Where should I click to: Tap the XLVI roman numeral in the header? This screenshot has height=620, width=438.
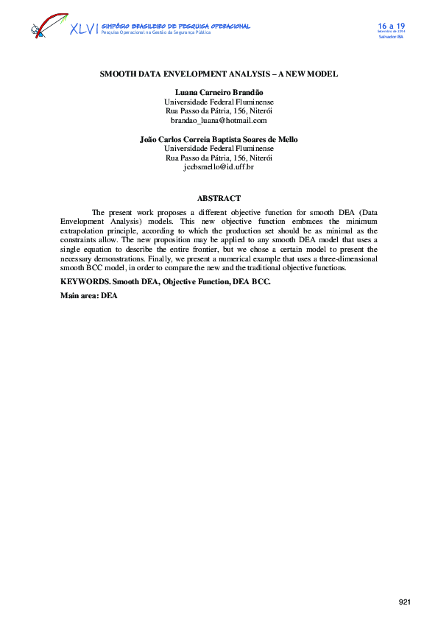pos(82,29)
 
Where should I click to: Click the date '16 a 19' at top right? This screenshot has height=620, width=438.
pos(392,25)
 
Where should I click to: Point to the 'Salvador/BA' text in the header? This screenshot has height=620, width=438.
pos(391,37)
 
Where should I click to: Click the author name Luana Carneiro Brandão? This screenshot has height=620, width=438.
pos(219,92)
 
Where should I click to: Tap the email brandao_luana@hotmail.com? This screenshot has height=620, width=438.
pos(219,120)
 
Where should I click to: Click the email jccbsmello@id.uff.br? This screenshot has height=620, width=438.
pos(219,167)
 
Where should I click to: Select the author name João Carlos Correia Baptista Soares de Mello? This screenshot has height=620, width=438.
pos(219,139)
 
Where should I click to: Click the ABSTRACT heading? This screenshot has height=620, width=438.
pos(219,198)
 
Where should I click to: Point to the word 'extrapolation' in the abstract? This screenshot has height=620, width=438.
pos(84,230)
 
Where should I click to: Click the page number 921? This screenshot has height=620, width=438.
pos(405,602)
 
